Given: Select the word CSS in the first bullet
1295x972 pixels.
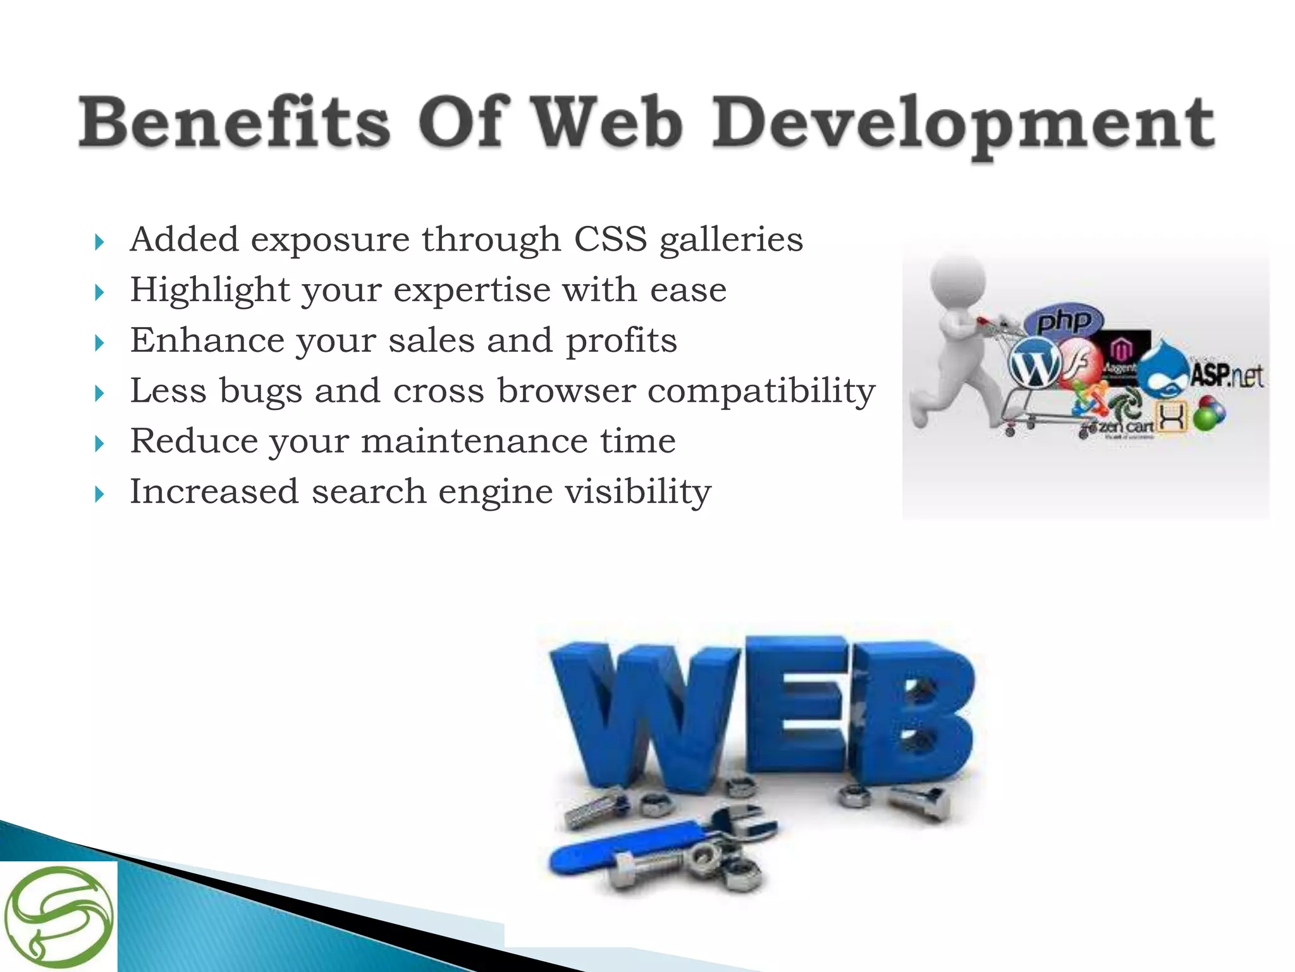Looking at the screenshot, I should click(x=610, y=240).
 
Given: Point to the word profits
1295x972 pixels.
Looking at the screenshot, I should click(x=621, y=341).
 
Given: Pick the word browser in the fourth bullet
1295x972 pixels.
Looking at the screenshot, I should click(x=566, y=390).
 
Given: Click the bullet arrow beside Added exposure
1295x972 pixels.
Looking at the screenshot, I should click(x=99, y=242).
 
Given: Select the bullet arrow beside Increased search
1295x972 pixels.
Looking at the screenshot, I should click(x=99, y=494).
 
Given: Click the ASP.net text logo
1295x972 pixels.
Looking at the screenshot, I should click(x=1227, y=376).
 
